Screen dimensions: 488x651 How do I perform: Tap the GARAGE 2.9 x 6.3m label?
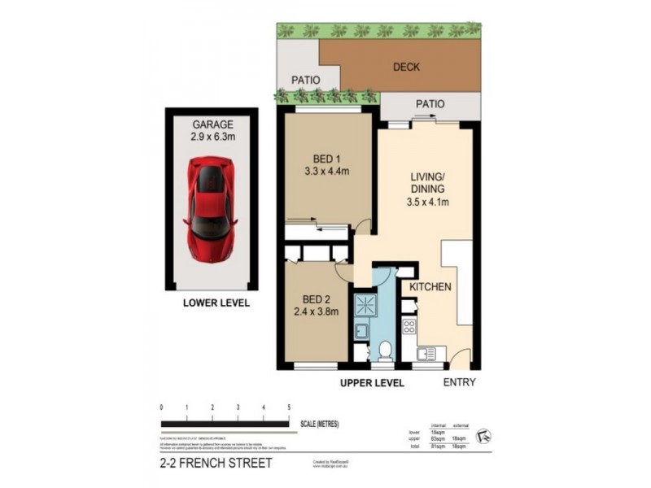pos(212,131)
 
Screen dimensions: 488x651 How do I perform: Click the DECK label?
pos(406,68)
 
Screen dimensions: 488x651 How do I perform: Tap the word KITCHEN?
pos(430,288)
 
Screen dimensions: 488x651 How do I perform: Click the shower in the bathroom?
pos(363,304)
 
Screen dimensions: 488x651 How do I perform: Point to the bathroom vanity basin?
pos(361,332)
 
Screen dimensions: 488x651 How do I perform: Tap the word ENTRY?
pos(460,382)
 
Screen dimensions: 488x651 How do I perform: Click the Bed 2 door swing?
pos(346,272)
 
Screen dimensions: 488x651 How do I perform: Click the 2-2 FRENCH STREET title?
pos(216,464)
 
